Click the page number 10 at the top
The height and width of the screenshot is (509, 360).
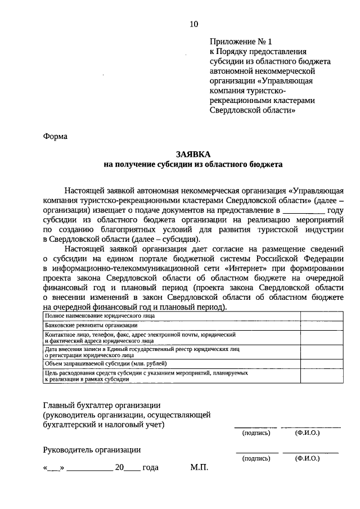point(193,24)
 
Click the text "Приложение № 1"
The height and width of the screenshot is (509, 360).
point(240,42)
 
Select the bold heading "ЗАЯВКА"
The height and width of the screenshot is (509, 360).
point(193,154)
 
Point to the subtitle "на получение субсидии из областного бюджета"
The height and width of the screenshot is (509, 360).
point(193,165)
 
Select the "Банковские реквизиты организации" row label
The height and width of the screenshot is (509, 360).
point(85,326)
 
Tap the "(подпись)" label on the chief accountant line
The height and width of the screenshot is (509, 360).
point(256,433)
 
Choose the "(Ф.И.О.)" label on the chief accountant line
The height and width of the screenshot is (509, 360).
point(307,433)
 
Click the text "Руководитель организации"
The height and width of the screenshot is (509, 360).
point(92,449)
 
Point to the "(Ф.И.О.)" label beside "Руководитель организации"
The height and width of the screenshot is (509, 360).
point(307,458)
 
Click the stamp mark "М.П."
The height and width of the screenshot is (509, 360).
point(199,467)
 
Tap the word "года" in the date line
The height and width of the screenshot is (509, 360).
point(150,467)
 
